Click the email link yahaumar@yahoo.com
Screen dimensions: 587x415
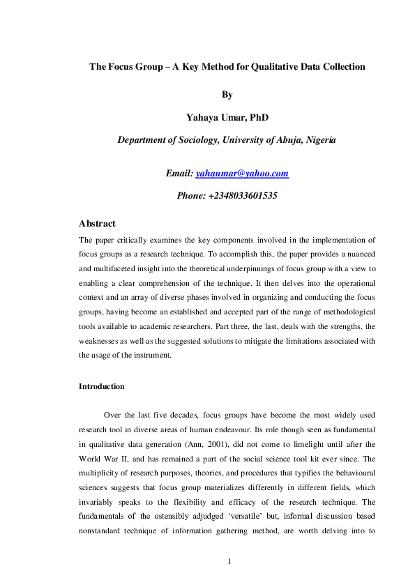click(x=242, y=174)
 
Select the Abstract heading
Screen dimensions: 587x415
click(x=97, y=224)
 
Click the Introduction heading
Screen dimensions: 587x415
click(x=102, y=386)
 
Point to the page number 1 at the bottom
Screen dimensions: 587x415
click(x=228, y=561)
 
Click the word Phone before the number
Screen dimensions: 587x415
click(x=192, y=196)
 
